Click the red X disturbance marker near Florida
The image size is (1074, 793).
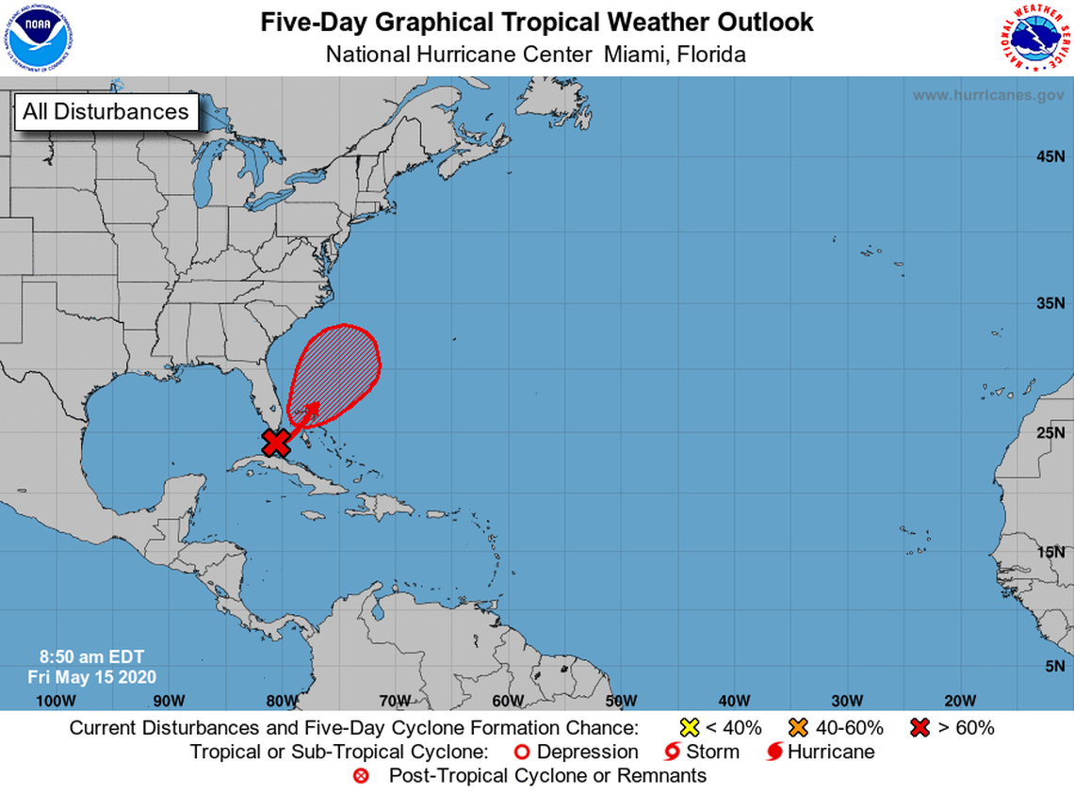click(x=276, y=442)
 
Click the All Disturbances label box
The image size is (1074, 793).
click(x=106, y=111)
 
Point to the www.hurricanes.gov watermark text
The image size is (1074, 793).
click(x=987, y=95)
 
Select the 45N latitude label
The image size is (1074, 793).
click(x=1050, y=156)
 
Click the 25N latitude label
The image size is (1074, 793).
click(x=1050, y=434)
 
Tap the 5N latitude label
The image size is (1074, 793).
click(x=1054, y=666)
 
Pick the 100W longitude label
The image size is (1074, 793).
click(x=55, y=700)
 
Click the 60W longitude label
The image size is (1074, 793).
click(x=508, y=700)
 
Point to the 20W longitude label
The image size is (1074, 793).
click(x=960, y=700)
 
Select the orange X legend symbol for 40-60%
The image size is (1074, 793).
click(x=800, y=727)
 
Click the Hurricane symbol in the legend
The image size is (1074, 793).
click(x=773, y=752)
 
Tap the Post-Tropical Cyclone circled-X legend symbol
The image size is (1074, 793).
click(x=361, y=776)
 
